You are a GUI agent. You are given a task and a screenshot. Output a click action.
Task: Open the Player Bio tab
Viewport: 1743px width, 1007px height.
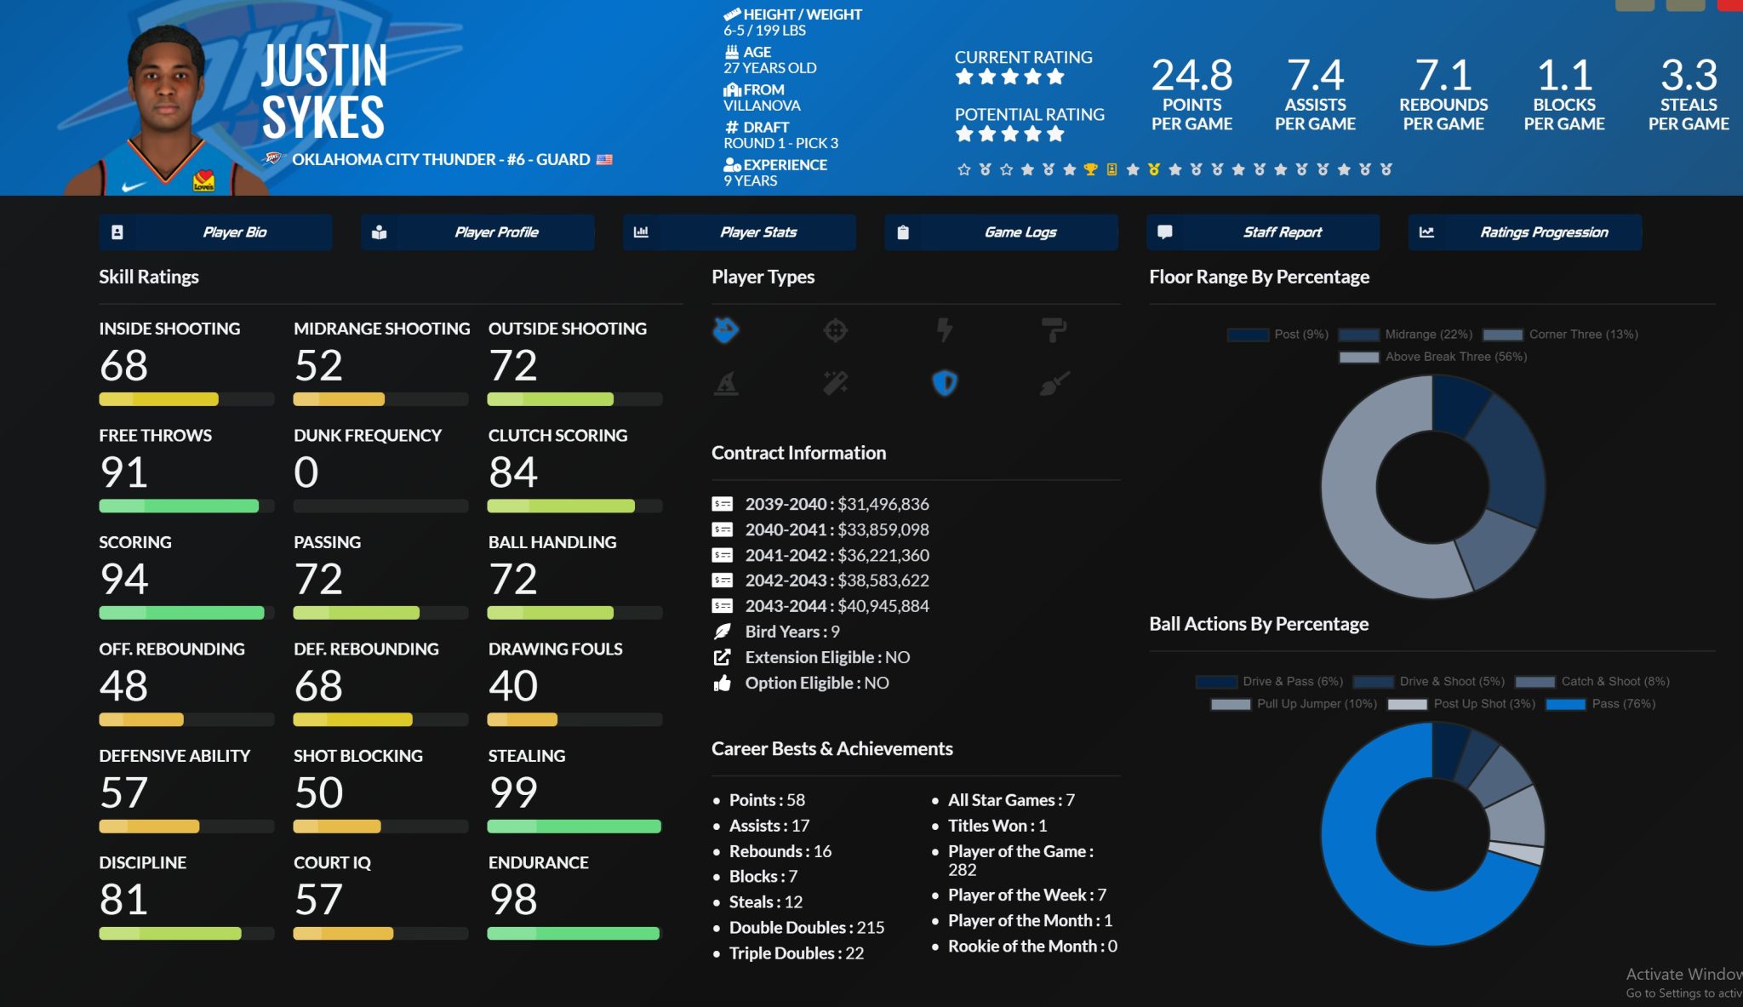coord(215,232)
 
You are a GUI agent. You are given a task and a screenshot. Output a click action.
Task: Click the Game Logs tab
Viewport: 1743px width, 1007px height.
coord(1001,232)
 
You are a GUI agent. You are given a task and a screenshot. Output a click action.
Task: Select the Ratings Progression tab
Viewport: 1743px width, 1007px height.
coord(1524,232)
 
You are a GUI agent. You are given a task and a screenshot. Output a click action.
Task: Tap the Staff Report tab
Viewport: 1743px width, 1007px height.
coord(1263,232)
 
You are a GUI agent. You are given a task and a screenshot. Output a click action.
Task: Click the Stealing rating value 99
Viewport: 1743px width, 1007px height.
coord(513,792)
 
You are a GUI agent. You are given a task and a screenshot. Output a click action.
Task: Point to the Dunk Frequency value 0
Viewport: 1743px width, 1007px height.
coord(306,472)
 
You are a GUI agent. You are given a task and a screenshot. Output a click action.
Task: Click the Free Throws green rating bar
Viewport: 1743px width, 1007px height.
coord(179,506)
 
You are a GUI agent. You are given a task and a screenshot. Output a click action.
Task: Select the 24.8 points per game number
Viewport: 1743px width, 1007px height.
coord(1192,76)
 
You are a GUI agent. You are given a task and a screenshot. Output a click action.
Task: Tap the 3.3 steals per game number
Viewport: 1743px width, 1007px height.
coord(1689,76)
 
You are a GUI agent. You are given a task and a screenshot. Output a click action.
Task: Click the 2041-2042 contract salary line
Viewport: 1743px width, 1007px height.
coord(837,555)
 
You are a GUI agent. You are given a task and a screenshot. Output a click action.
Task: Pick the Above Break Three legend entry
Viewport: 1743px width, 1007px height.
coord(1433,357)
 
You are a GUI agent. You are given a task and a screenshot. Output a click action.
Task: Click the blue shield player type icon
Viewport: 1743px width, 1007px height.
coord(945,383)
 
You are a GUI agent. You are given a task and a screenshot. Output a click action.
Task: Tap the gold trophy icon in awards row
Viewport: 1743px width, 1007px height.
coord(1090,169)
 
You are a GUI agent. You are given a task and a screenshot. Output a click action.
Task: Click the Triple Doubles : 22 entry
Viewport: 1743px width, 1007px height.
coord(796,953)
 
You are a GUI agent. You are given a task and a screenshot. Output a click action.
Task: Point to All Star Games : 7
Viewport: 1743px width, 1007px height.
coord(1011,800)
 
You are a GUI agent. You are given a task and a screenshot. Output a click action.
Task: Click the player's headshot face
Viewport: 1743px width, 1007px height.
coord(166,85)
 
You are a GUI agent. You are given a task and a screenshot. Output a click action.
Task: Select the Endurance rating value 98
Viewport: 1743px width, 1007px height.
coord(513,900)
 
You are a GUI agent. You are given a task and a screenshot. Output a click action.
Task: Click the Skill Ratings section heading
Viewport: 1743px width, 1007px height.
coord(149,277)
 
